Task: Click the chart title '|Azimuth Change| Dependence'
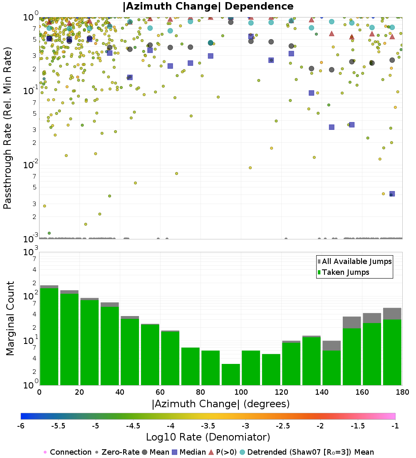[208, 7]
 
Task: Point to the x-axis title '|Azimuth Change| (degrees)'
[220, 404]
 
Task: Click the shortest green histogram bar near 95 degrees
[230, 374]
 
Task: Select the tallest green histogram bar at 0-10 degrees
[49, 336]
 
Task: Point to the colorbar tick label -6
[21, 426]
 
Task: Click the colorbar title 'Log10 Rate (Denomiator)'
[208, 437]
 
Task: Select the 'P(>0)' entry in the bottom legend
[226, 452]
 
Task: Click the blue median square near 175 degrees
[392, 194]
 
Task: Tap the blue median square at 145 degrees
[332, 127]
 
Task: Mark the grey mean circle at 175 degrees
[392, 60]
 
